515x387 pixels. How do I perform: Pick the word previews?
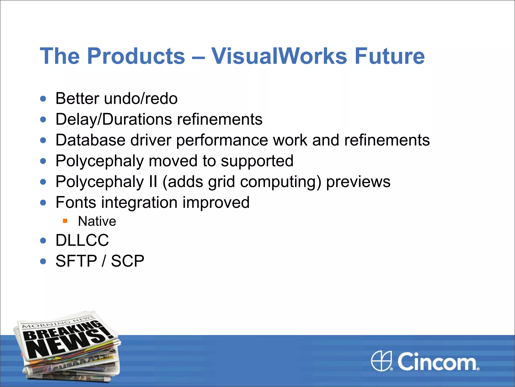[x=358, y=182]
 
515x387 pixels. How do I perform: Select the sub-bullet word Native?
[x=97, y=221]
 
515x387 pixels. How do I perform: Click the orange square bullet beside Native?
[x=65, y=221]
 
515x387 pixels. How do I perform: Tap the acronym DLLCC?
[x=82, y=240]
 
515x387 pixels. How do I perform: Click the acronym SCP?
[x=127, y=261]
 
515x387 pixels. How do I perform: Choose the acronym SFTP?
[x=76, y=261]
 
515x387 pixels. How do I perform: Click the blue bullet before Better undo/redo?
[x=43, y=99]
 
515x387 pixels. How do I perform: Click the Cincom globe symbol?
[x=381, y=361]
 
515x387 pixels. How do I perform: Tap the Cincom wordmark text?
[x=437, y=362]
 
